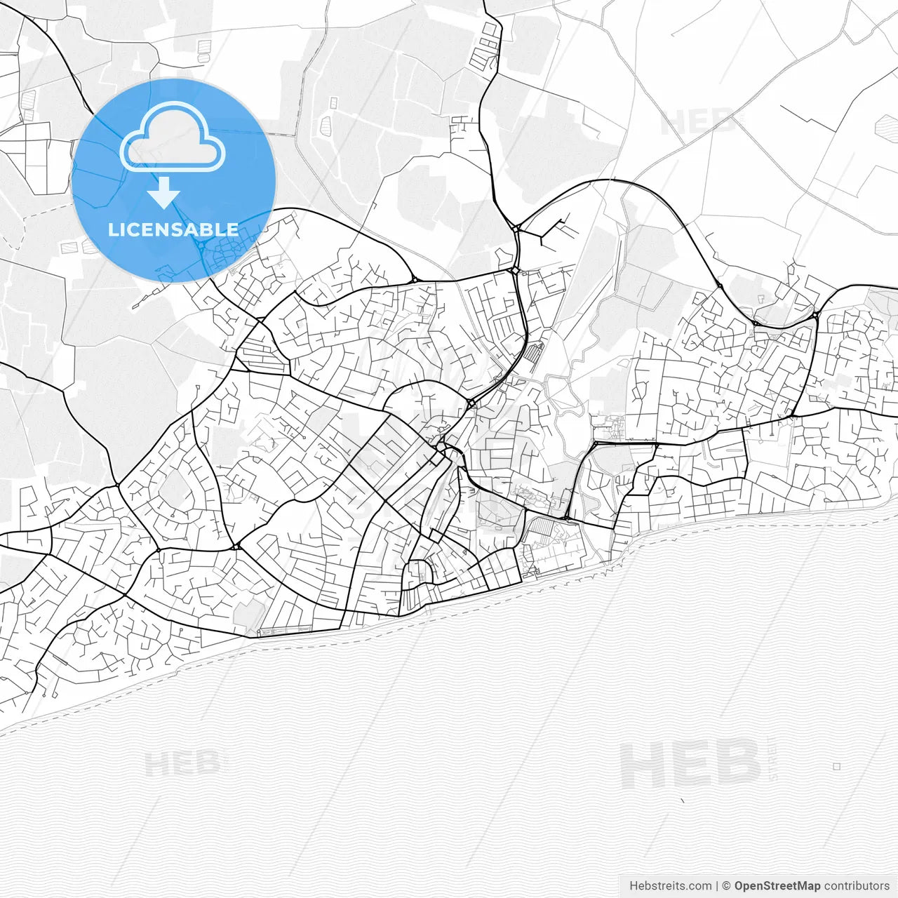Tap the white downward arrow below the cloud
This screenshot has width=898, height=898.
coord(163,194)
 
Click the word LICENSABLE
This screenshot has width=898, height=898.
coord(173,229)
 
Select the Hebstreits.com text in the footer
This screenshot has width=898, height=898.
coord(670,885)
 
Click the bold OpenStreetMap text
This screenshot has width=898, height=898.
coord(777,885)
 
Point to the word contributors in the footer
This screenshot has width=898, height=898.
coord(857,885)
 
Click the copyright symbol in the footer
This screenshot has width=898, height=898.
coord(727,885)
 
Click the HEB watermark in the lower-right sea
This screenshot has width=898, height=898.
coord(690,765)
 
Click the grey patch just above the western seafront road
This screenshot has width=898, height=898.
coord(248,614)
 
